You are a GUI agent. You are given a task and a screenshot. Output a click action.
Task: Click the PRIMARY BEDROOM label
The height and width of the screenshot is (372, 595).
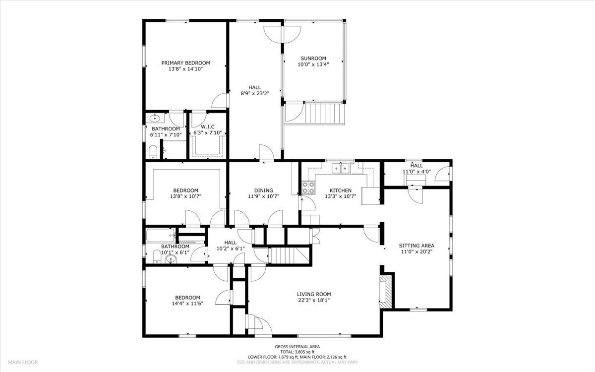coord(185,63)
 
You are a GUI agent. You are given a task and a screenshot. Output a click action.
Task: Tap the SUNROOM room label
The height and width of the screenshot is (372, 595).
coord(313,58)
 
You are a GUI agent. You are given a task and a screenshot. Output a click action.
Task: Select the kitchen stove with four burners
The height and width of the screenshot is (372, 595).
coord(308,187)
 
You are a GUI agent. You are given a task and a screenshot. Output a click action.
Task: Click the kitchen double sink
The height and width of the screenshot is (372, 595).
coord(342,169)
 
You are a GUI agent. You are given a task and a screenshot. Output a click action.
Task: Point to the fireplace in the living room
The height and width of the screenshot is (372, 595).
coord(387,291)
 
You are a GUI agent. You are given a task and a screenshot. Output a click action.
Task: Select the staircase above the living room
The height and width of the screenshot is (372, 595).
coord(284,255)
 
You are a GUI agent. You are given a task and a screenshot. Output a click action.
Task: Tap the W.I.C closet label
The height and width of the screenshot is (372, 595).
coord(207,126)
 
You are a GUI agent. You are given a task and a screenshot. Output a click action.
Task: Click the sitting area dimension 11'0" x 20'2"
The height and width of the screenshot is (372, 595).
coord(417,251)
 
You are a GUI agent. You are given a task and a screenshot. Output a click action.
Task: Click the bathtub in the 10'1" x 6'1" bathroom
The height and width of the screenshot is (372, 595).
coord(160,235)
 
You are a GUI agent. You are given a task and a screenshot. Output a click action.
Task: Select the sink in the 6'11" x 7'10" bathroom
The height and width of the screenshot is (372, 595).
coord(156,118)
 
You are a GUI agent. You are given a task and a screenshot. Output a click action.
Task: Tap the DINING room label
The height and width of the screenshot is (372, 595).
coord(263,190)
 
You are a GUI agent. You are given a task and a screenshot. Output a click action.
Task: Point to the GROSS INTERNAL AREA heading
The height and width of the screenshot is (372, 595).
coord(297,347)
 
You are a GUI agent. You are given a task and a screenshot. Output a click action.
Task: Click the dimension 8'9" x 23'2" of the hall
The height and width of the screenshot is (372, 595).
coord(254,93)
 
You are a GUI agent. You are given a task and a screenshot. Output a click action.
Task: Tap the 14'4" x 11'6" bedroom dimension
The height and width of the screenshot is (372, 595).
coord(186,303)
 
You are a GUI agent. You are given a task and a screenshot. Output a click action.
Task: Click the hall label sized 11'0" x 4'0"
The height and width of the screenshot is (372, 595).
coord(416,166)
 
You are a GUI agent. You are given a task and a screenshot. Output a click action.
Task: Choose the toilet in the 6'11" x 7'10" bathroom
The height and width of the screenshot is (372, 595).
coord(153,151)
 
